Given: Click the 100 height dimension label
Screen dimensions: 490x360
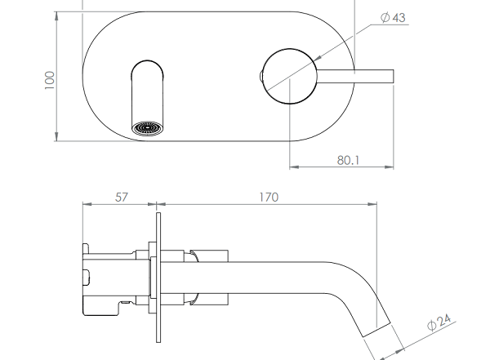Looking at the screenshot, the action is [x=50, y=80].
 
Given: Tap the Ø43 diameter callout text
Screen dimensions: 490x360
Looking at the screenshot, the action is [x=393, y=17].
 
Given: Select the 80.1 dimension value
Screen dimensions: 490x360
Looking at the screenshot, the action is [x=348, y=160].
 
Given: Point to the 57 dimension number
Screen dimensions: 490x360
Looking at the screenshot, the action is [x=122, y=198].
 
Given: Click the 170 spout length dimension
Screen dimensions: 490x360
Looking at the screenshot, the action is [x=269, y=198].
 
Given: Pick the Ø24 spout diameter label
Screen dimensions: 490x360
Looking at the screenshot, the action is [x=439, y=322].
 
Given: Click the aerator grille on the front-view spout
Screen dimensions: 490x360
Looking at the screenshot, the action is [x=148, y=129].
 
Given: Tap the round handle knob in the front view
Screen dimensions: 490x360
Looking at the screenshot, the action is [x=289, y=76].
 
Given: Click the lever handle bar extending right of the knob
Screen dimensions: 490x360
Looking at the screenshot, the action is [x=355, y=77].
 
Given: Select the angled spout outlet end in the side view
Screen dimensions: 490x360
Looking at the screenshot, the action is [x=376, y=330].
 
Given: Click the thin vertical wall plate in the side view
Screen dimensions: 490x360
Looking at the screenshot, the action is [x=158, y=278].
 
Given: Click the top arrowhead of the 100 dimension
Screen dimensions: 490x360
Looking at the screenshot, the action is [x=56, y=16].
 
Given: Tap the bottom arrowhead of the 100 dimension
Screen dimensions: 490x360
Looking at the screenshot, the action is [x=56, y=136].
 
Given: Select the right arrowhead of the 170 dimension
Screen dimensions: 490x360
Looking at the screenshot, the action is [x=372, y=204].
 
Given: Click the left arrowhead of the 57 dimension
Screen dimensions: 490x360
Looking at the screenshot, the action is [x=87, y=204].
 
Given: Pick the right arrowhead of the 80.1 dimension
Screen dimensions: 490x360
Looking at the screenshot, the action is [x=389, y=167].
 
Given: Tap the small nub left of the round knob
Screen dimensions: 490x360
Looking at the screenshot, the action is [x=261, y=76].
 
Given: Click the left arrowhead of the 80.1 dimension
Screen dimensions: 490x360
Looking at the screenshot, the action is [x=294, y=167].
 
